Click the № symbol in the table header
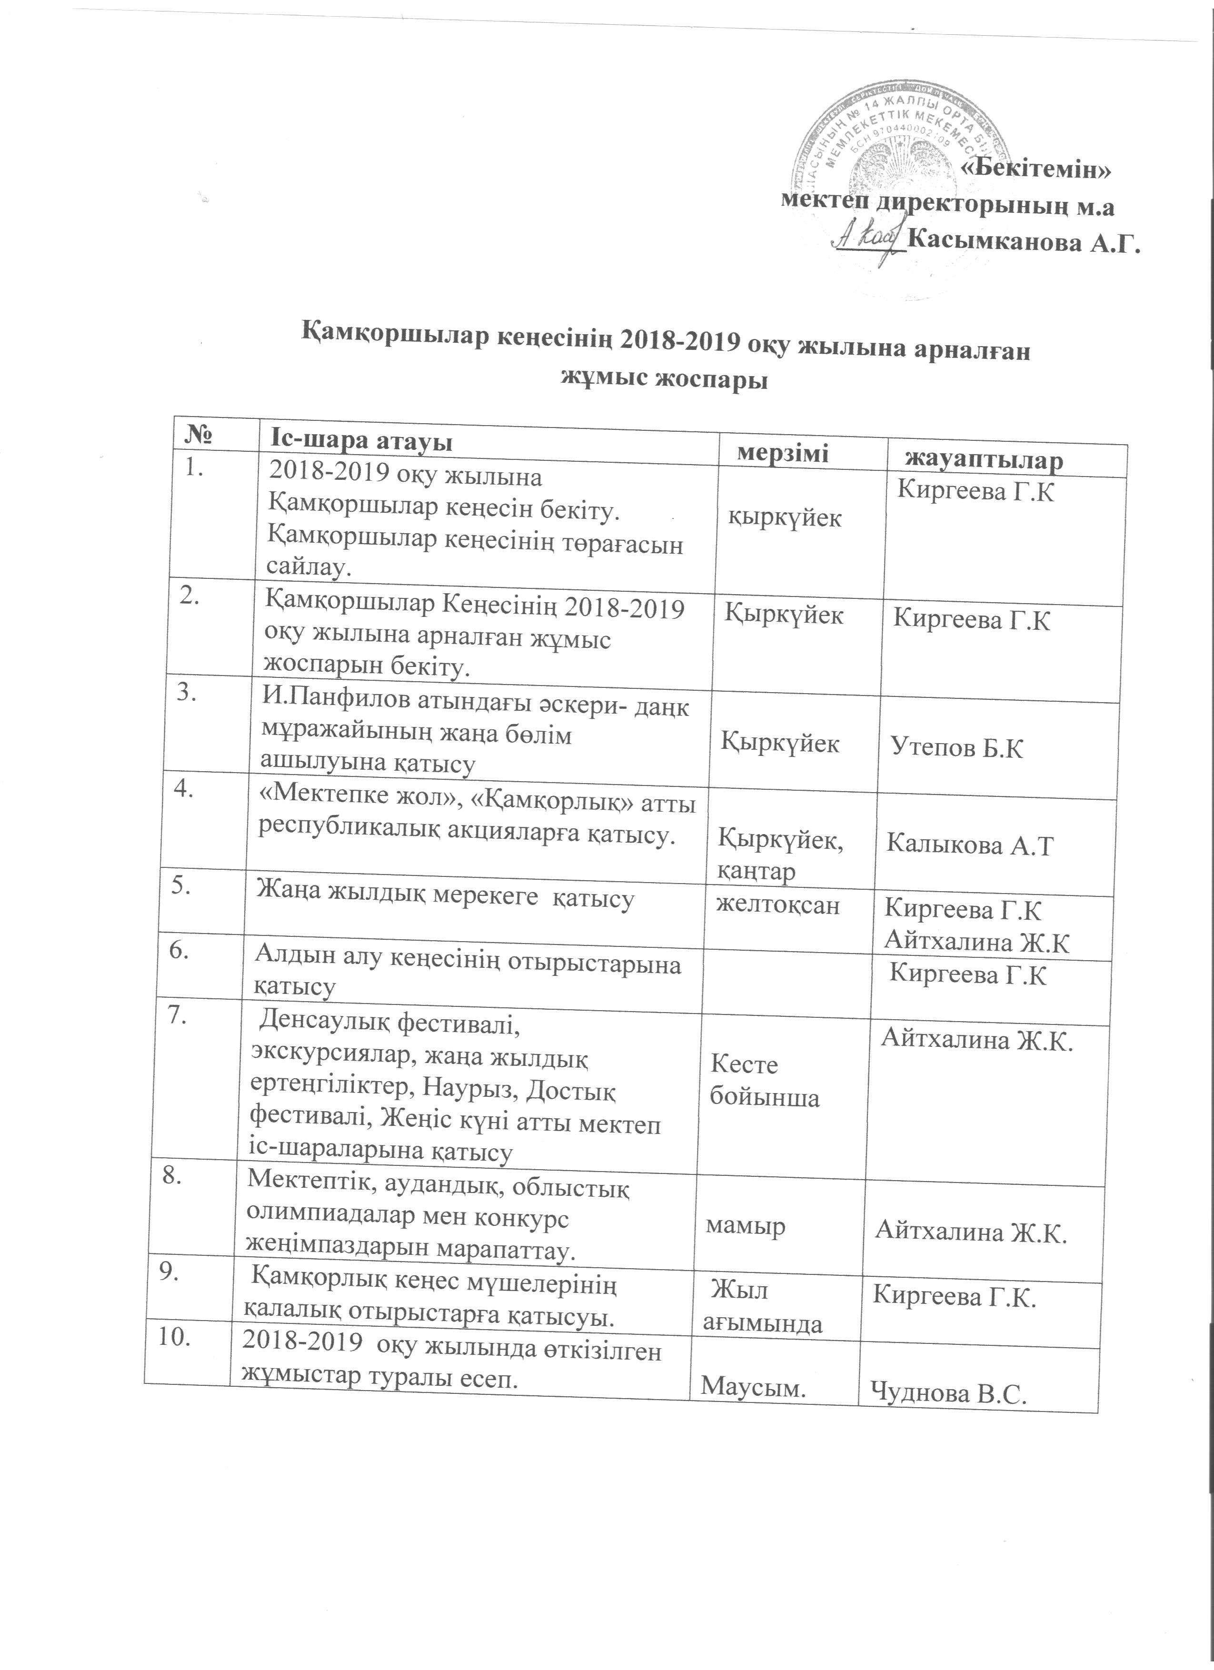coord(199,435)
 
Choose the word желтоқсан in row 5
coord(778,905)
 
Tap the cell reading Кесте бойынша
coord(764,1081)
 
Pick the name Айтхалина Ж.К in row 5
coord(976,943)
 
